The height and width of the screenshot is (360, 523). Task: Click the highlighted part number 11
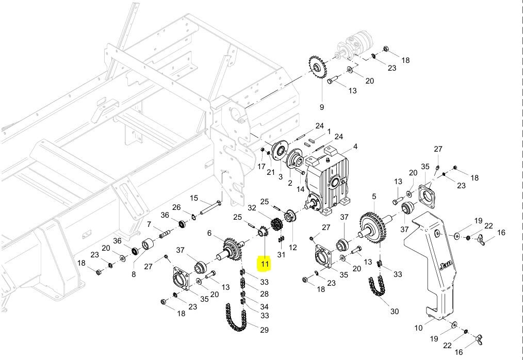pos(265,265)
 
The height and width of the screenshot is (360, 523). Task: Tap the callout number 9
pos(322,107)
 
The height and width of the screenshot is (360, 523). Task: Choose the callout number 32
pos(252,208)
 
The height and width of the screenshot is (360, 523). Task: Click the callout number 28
pos(264,294)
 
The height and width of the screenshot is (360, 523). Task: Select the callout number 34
pos(264,306)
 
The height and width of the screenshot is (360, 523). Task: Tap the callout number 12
pos(292,248)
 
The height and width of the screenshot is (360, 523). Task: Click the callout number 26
pos(177,207)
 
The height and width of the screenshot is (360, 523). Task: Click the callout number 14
pos(301,189)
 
